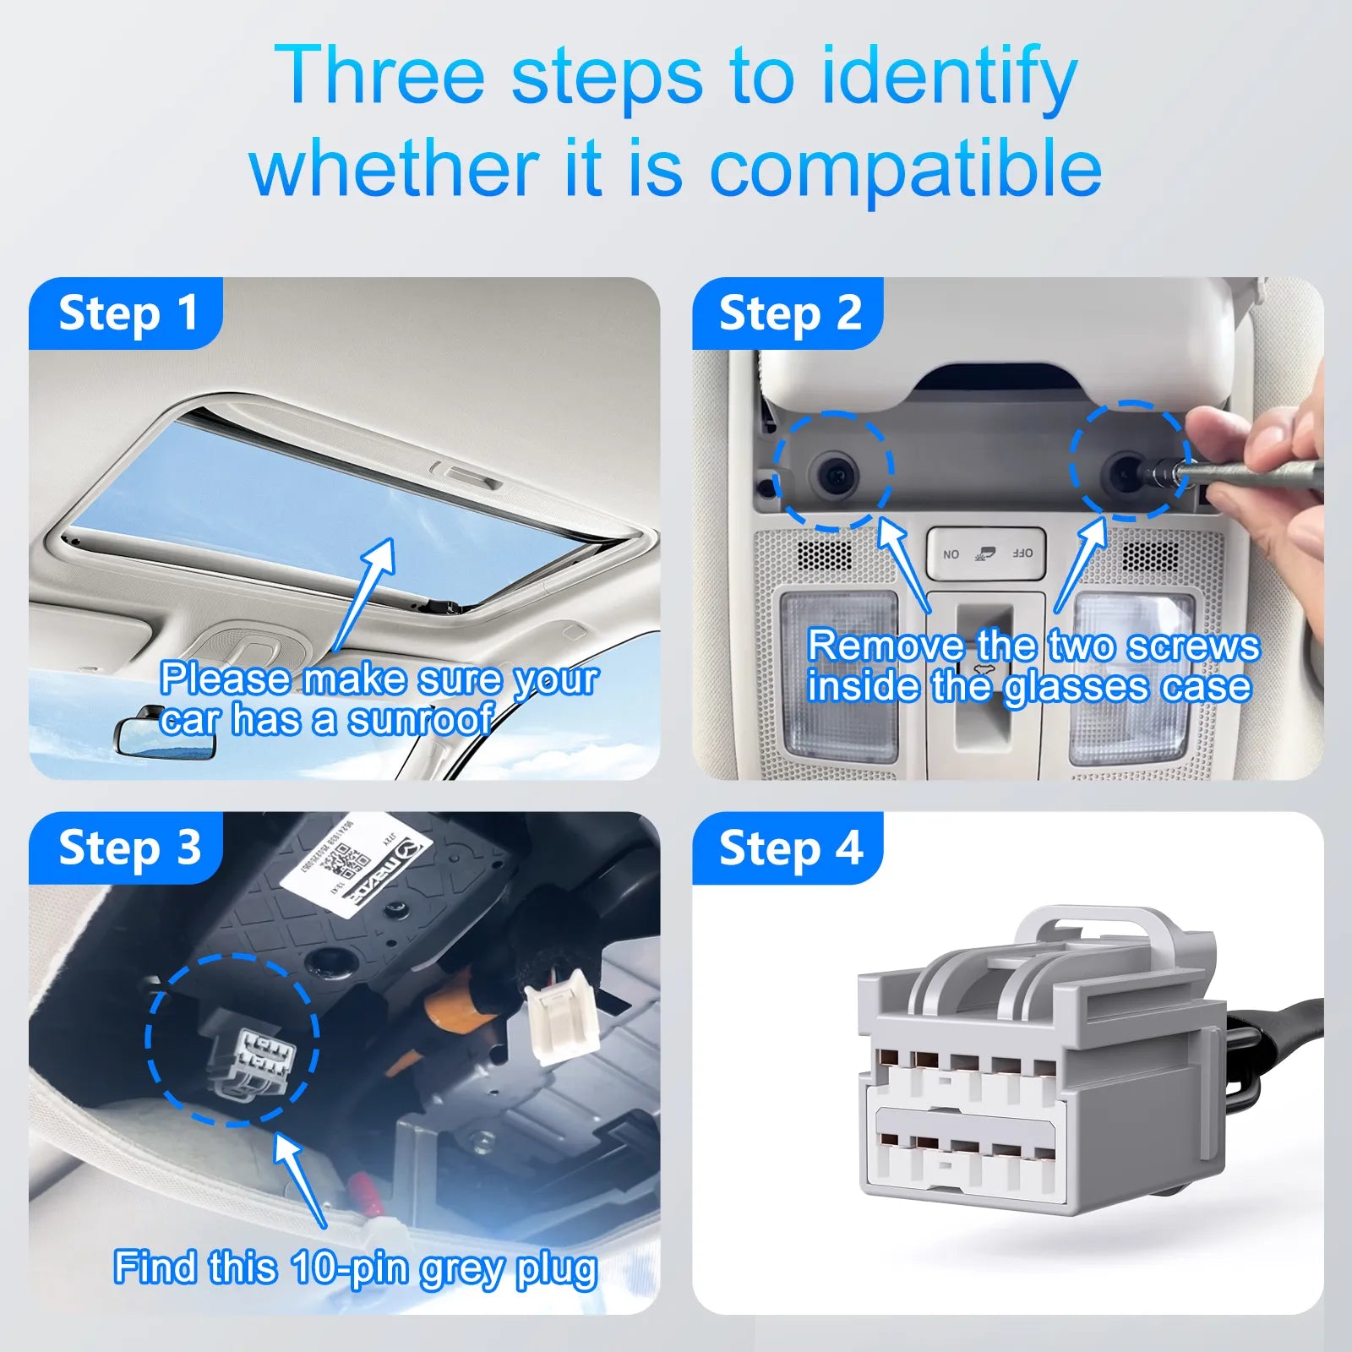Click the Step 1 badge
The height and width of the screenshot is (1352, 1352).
click(x=127, y=313)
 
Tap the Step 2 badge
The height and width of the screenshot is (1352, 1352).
click(x=788, y=313)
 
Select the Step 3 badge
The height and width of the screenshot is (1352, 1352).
click(x=127, y=848)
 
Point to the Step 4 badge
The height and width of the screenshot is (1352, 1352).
click(x=788, y=848)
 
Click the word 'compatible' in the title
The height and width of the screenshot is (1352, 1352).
click(x=904, y=169)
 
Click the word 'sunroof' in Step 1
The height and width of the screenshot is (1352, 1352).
click(x=421, y=720)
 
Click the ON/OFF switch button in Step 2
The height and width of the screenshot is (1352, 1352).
click(x=986, y=553)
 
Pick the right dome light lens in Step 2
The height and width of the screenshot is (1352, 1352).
click(x=1132, y=676)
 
